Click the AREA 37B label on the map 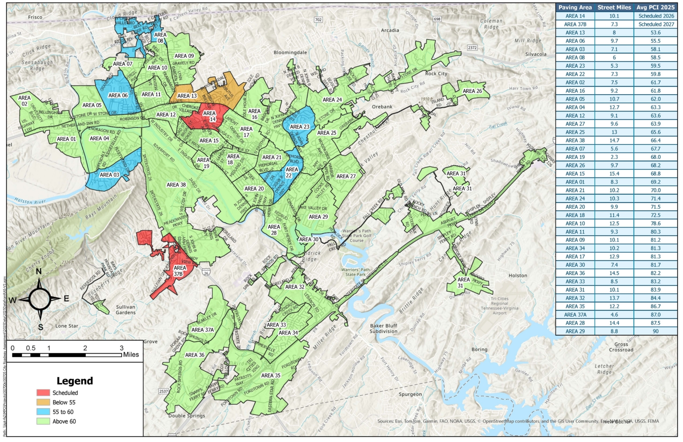tap(179, 271)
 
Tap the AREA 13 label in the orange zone tap(187, 96)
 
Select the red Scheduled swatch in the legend tap(43, 393)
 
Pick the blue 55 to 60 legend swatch tap(43, 412)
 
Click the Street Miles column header tap(614, 7)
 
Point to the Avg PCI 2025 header tap(655, 7)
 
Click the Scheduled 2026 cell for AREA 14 tap(656, 16)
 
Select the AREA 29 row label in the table tap(575, 331)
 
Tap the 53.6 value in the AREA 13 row tap(655, 32)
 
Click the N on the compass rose tap(39, 271)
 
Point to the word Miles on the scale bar tap(131, 355)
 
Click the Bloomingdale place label tap(290, 52)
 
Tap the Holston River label tap(30, 201)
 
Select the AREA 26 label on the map tap(472, 91)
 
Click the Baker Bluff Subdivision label tap(383, 329)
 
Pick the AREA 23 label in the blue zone tap(300, 127)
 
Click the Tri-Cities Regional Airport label tap(499, 306)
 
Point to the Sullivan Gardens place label tap(125, 309)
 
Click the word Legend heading tap(75, 381)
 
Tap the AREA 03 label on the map tap(109, 175)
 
